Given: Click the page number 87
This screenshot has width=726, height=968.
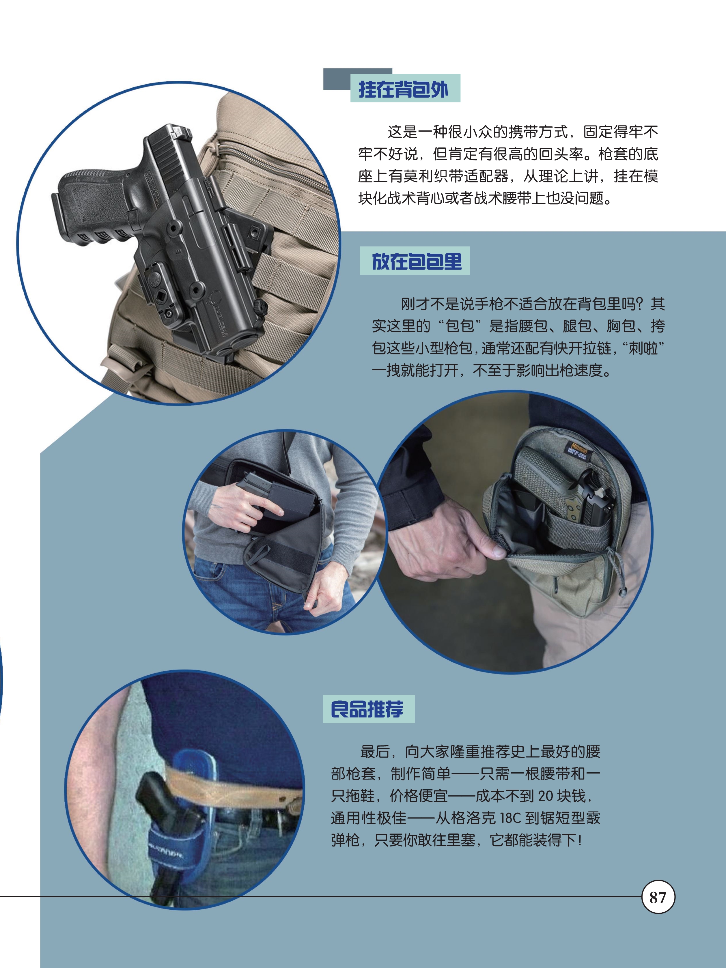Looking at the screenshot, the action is (x=658, y=898).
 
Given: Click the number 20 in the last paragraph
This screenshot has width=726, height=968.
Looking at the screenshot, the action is (x=545, y=796).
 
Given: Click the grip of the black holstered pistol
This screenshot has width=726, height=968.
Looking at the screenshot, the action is (x=94, y=206).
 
